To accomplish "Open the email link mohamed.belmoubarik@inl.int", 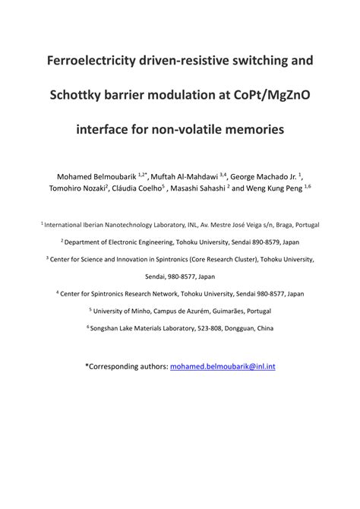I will tap(223, 366).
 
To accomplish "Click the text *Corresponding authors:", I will tap(126, 366).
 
